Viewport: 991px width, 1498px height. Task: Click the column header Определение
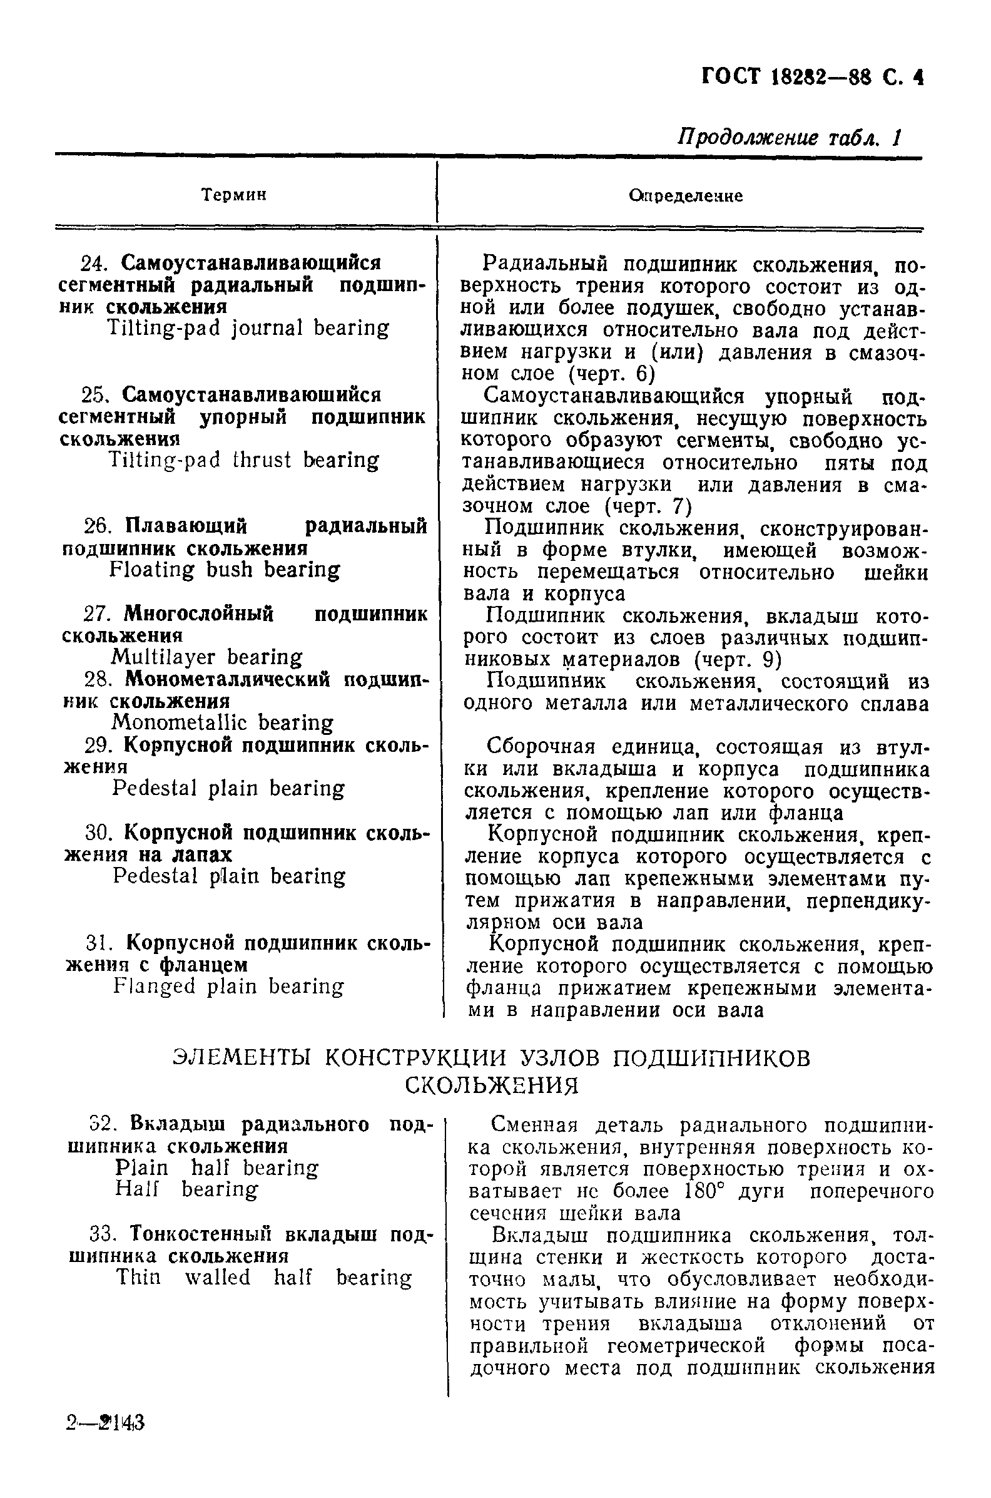tap(686, 196)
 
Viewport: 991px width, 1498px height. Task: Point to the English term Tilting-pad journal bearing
tap(248, 328)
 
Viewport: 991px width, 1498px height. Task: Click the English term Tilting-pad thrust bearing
tap(244, 460)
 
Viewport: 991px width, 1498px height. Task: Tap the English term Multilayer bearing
tap(206, 657)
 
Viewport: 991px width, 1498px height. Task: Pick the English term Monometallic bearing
tap(222, 723)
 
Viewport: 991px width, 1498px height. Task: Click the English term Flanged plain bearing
tap(228, 986)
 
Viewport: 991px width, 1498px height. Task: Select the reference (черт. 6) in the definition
tap(612, 374)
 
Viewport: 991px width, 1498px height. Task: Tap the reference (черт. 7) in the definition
tap(647, 506)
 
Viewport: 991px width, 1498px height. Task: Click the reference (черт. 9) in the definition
tap(738, 660)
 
